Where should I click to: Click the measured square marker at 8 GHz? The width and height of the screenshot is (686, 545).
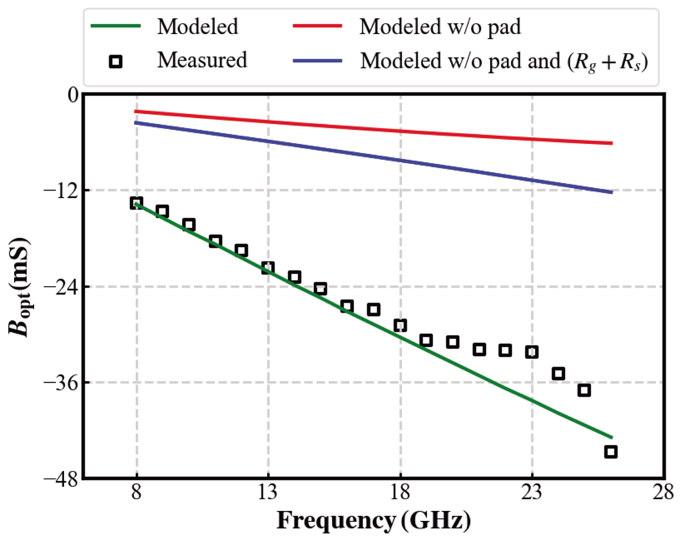(136, 203)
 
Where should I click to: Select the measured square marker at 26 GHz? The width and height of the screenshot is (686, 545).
(611, 451)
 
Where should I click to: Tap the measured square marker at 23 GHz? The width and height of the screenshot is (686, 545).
(532, 352)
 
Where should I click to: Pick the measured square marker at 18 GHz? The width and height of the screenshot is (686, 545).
(400, 325)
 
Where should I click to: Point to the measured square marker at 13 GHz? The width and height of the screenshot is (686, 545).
(268, 268)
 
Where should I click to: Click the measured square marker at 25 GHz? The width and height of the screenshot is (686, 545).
(584, 390)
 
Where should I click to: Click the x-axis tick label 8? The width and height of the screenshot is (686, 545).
(136, 492)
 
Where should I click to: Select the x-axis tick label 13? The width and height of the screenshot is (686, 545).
(268, 492)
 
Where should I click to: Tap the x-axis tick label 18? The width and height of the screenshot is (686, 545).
(400, 492)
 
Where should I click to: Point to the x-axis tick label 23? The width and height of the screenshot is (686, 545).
(532, 492)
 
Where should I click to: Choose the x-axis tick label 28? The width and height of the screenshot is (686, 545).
(663, 492)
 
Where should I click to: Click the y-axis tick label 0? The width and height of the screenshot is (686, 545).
(73, 95)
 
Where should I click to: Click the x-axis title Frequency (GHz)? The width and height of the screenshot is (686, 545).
(373, 521)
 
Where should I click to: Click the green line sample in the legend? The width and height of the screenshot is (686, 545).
(116, 26)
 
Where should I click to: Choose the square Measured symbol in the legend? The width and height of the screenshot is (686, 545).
(116, 62)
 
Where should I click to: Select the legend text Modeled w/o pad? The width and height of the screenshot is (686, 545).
(440, 27)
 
